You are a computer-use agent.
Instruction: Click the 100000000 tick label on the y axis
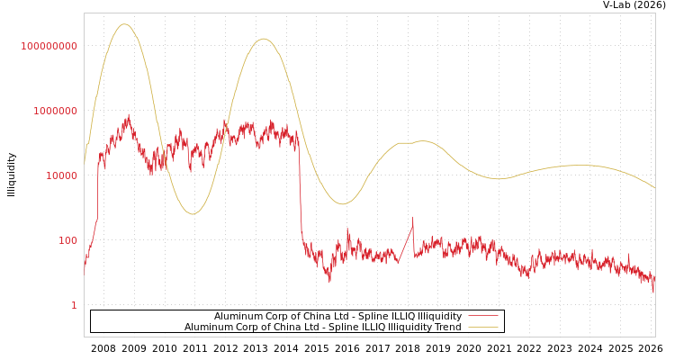(49, 46)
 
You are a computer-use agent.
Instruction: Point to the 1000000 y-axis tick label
(55, 111)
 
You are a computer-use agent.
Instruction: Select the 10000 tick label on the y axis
(61, 175)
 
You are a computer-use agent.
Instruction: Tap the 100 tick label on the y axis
(67, 240)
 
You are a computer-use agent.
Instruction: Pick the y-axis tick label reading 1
(74, 305)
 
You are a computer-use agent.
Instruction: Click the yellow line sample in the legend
(482, 328)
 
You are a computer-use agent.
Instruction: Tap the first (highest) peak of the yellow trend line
(124, 24)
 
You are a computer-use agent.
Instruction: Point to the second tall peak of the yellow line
(263, 39)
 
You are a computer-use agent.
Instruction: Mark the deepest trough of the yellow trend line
(191, 214)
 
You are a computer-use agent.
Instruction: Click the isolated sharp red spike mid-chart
(413, 218)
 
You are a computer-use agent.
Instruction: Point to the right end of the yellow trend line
(654, 187)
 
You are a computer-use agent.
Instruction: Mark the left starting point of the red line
(85, 268)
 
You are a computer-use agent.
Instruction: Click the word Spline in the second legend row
(326, 328)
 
